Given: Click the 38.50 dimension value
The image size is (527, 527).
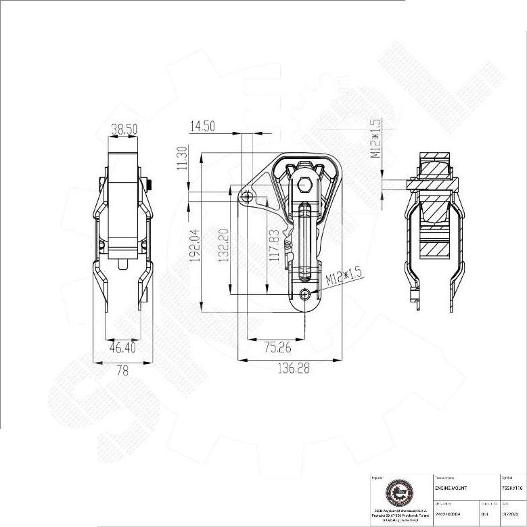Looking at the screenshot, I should [124, 127].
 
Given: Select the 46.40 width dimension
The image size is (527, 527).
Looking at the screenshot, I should [122, 347].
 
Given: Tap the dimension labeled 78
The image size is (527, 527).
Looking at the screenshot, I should [122, 370].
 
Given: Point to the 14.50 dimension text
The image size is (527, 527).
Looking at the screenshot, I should [202, 126].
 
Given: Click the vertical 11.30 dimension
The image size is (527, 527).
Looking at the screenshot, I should [181, 158].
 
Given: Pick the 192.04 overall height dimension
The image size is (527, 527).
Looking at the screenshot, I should [195, 244].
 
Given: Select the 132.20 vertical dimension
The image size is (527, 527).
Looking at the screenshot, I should [223, 244].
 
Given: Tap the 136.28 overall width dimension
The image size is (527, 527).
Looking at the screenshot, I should [294, 369].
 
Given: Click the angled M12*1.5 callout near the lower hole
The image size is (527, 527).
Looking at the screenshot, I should [343, 275].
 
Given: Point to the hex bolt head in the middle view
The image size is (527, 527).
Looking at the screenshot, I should [305, 183].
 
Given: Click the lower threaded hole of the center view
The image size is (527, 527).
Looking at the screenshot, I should [306, 294].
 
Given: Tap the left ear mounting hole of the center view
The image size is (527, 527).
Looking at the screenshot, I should [248, 197].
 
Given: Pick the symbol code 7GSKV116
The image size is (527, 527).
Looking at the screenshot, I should [512, 487].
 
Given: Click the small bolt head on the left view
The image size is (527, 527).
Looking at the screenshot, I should [150, 182].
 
